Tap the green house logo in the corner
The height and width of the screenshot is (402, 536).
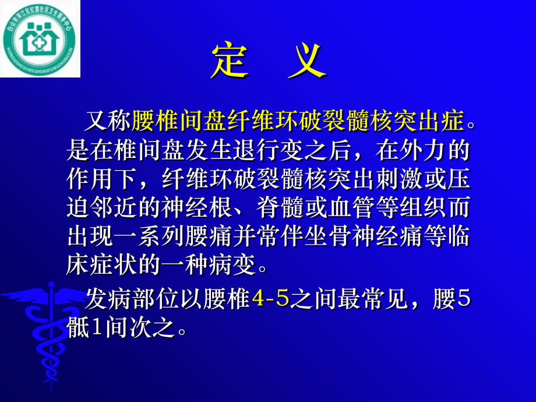click(40, 39)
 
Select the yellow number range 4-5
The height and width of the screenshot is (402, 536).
click(271, 300)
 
